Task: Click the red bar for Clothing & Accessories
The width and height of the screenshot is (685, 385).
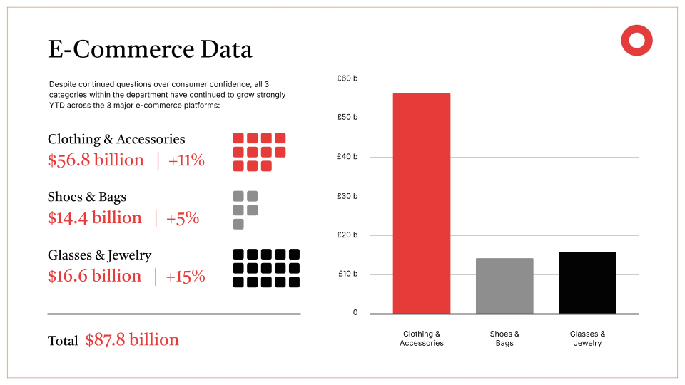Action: [x=422, y=203]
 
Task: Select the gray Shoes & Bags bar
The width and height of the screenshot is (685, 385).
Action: [x=504, y=285]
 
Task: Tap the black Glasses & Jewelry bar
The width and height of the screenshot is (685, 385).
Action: [x=587, y=282]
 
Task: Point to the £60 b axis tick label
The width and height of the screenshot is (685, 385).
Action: [x=347, y=78]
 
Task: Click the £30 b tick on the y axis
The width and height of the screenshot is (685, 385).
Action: [x=347, y=196]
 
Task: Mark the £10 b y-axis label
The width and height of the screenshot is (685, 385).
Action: [x=347, y=274]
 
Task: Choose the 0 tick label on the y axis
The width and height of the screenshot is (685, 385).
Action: [x=355, y=313]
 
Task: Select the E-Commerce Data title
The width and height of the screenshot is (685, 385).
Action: [x=150, y=49]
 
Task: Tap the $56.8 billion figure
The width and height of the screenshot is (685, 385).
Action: [x=96, y=160]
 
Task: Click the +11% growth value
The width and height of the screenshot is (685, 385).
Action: [x=186, y=160]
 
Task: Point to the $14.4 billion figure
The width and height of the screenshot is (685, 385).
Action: [x=95, y=218]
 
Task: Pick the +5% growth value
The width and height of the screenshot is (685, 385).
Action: [x=183, y=218]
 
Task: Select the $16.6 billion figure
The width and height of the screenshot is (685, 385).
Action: [x=95, y=276]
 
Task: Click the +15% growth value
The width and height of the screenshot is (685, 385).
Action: [x=186, y=276]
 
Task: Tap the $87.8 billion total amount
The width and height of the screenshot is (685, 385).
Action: [x=132, y=340]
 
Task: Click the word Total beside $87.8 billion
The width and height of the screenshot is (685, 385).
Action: [x=63, y=341]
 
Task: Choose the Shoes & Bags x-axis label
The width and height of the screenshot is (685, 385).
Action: [x=504, y=339]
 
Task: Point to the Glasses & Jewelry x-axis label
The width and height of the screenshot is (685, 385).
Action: [x=587, y=339]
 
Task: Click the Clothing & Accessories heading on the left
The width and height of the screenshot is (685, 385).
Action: [x=116, y=139]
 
